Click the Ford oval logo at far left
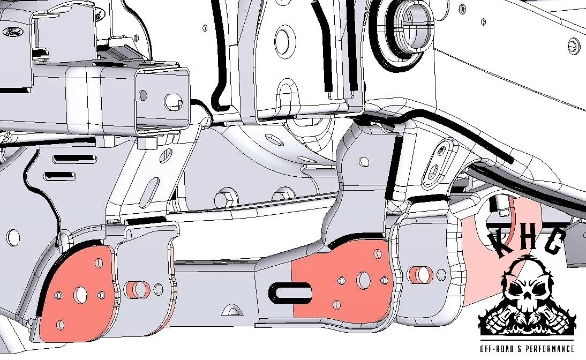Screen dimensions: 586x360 pos(13,32)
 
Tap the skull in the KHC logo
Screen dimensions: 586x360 pos(527,291)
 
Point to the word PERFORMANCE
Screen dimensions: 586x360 pos(550,349)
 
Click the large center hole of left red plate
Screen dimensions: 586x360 pos(80,295)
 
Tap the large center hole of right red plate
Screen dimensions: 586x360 pos(363,280)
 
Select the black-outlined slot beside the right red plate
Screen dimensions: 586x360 pos(290,292)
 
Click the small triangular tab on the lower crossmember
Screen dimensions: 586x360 pos(232,310)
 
